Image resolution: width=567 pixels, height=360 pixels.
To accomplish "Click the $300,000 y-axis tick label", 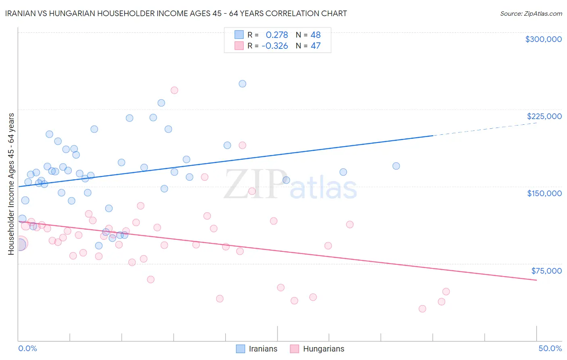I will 543,39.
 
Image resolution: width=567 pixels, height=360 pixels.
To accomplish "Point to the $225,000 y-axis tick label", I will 544,116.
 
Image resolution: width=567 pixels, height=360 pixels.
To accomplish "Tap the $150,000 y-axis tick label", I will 544,193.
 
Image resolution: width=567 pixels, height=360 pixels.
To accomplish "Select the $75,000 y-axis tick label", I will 546,271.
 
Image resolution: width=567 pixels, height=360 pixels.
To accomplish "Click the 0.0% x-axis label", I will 27,348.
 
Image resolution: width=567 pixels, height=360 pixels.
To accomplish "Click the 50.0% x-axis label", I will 550,348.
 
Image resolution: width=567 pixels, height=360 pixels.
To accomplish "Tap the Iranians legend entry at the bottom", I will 257,349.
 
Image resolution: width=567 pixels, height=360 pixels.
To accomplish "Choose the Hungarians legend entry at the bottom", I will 317,349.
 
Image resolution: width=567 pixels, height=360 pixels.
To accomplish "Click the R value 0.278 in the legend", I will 277,35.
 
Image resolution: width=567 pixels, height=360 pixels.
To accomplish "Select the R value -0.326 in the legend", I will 275,46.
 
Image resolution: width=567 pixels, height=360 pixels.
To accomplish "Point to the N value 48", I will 315,35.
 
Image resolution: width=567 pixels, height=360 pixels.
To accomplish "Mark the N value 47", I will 315,46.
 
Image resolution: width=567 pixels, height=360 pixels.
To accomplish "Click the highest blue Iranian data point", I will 242,84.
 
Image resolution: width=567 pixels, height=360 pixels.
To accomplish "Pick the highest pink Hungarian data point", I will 174,90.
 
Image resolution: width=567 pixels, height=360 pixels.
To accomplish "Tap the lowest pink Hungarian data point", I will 422,309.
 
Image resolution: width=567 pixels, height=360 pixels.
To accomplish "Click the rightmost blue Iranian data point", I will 396,166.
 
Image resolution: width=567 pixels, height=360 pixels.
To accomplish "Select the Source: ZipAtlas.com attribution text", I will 531,14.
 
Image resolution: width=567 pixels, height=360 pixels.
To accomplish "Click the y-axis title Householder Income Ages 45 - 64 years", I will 11,184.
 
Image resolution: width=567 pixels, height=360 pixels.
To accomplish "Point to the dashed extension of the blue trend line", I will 484,129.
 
